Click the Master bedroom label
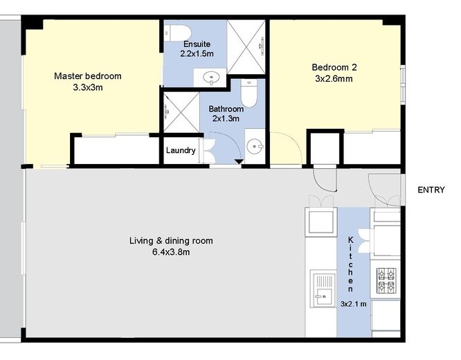(x=88, y=75)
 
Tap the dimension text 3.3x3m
(x=88, y=87)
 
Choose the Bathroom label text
(x=226, y=109)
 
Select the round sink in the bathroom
(x=255, y=147)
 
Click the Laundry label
(x=181, y=150)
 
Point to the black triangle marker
(x=239, y=162)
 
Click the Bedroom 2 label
(x=334, y=67)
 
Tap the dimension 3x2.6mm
(x=335, y=79)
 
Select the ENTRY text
(x=431, y=190)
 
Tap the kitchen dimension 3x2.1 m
(x=354, y=303)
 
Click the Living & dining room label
(x=171, y=241)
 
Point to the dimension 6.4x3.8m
(x=170, y=252)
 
